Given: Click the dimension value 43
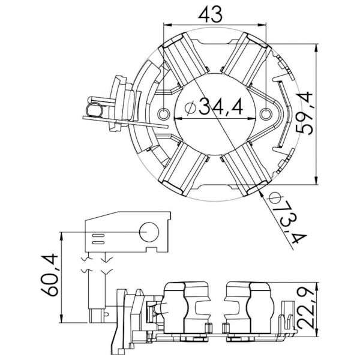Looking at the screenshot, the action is [x=211, y=14].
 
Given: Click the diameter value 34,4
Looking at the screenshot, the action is [x=220, y=106].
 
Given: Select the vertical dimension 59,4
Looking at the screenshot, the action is [x=305, y=113].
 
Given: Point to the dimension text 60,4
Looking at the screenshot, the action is [x=49, y=275].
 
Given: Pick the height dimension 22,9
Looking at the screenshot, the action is [x=305, y=308].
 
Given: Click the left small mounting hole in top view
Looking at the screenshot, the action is [x=164, y=114].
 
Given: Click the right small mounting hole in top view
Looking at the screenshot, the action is [x=266, y=114].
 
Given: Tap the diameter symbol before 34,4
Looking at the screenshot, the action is [x=190, y=108].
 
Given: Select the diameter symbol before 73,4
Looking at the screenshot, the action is [x=274, y=198].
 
